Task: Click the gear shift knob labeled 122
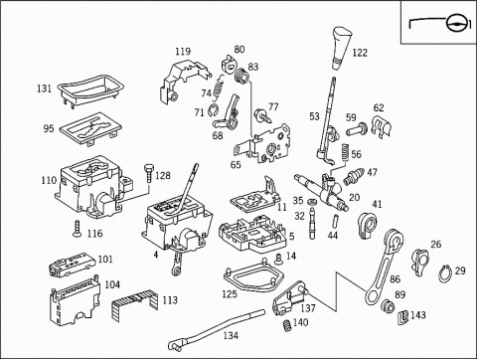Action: click(341, 48)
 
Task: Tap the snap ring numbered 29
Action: click(445, 273)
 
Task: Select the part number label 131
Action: click(44, 89)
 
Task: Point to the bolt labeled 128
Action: click(148, 172)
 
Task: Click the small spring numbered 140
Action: click(287, 325)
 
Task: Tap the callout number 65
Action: click(236, 165)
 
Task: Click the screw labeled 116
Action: click(78, 229)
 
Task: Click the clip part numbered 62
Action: click(382, 126)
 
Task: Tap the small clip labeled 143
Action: click(402, 317)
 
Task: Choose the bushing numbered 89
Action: click(387, 305)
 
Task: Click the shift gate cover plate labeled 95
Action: click(90, 129)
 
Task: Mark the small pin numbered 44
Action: click(335, 220)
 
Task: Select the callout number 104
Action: click(112, 284)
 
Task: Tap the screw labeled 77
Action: click(262, 114)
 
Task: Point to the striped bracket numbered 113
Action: click(135, 305)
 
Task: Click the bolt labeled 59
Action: click(357, 129)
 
